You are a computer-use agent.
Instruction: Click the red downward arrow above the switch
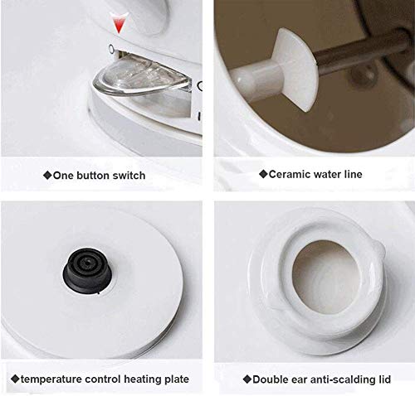pos(119,23)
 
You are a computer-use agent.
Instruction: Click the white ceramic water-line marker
pos(293,70)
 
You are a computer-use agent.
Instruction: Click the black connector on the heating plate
pos(87,270)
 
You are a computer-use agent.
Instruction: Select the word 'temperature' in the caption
pos(51,379)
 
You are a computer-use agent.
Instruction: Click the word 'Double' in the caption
pos(270,379)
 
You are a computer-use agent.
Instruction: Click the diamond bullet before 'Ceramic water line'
pos(263,174)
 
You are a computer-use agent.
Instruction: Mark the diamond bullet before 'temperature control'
pos(15,379)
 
